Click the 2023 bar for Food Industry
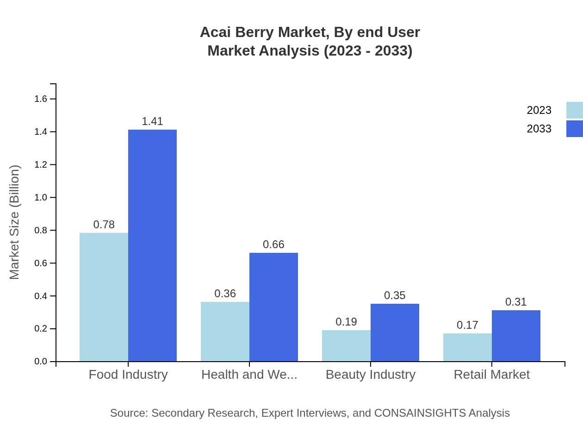click(104, 297)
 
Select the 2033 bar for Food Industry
click(152, 245)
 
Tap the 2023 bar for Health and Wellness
click(225, 332)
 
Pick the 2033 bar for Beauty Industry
click(395, 332)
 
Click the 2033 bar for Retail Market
click(516, 336)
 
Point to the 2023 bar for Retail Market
click(467, 347)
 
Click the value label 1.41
click(152, 121)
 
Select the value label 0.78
click(104, 225)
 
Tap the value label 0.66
click(273, 244)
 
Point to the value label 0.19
click(346, 322)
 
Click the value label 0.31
click(516, 302)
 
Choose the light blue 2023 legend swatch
click(575, 110)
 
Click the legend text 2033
click(539, 129)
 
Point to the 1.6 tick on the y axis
click(41, 99)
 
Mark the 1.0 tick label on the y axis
click(41, 198)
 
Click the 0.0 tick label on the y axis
click(41, 362)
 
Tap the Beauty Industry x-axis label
click(371, 375)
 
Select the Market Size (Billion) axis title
click(15, 222)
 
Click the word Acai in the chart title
click(216, 32)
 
